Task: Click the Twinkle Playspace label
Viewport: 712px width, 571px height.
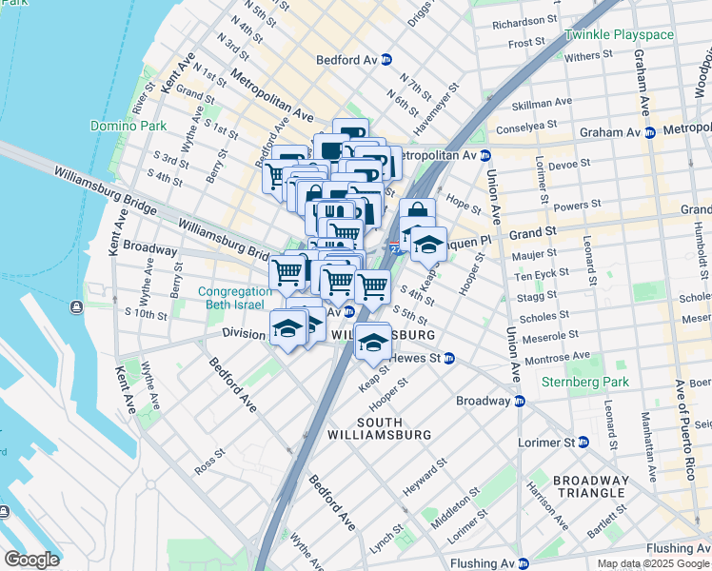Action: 619,35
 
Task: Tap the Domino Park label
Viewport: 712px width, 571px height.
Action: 128,126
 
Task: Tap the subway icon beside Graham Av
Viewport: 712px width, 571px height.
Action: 649,133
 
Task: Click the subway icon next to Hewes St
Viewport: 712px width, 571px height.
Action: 449,358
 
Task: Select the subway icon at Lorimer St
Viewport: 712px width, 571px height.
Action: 583,443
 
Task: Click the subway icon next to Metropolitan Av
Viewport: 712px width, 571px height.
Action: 485,155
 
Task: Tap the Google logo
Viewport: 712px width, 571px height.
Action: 30,560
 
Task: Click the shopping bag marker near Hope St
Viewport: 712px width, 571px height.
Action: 417,213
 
